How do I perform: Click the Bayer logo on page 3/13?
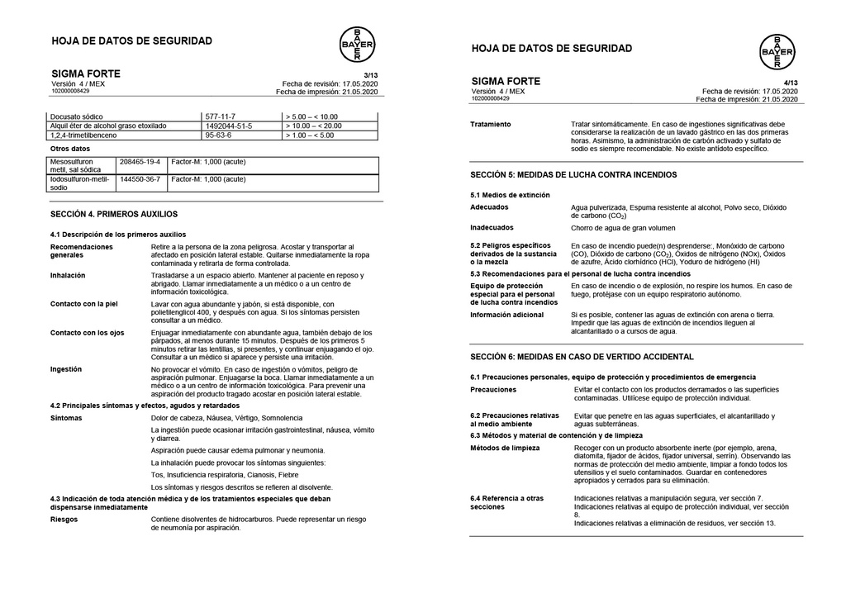point(357,44)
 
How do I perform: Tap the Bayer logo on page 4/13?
point(777,52)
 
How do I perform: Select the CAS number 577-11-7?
point(221,116)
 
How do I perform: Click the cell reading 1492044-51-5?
point(229,126)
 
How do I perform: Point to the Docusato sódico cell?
point(77,116)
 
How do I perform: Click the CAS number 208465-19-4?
point(140,161)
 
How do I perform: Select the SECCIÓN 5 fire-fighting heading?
point(573,175)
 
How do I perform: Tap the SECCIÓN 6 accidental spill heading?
point(582,357)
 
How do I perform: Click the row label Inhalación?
point(69,275)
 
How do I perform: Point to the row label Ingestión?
point(66,369)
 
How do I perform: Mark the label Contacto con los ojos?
point(87,333)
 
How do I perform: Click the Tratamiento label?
point(490,124)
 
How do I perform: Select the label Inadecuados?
point(492,227)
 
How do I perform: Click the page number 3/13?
point(370,75)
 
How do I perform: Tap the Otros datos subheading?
point(70,149)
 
